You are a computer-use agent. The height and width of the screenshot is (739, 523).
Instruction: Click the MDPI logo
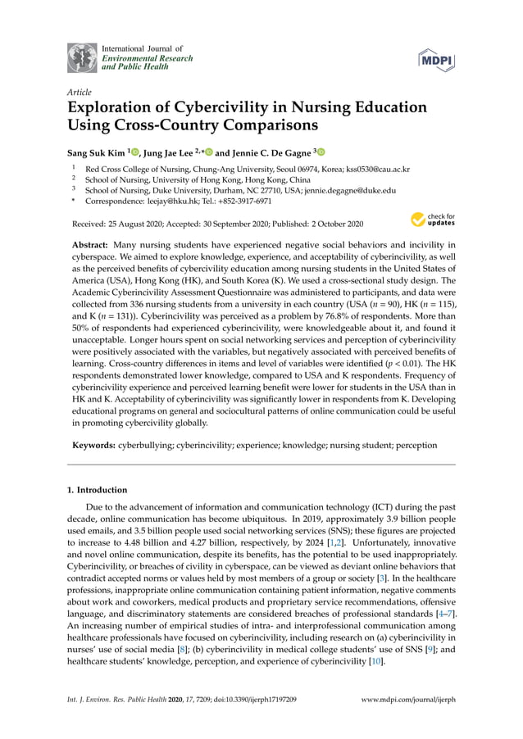coord(437,58)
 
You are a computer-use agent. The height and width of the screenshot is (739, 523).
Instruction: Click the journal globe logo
coord(82,57)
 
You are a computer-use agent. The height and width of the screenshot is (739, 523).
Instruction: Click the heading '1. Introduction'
coord(97,490)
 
